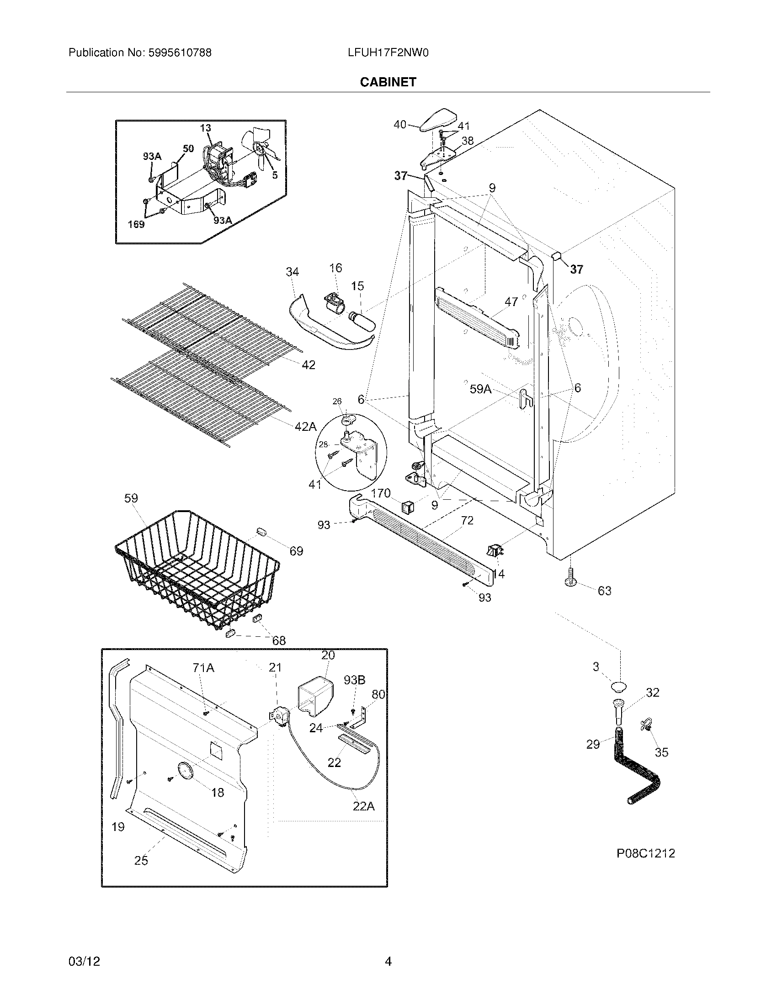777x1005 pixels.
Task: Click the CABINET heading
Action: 388,82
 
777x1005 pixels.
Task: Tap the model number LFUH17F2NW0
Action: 388,53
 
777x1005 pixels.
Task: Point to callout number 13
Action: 205,128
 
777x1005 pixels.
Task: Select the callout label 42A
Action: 306,427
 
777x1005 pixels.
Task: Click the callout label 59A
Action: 480,389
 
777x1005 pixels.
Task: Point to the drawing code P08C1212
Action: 645,854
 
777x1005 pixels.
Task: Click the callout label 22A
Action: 363,806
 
